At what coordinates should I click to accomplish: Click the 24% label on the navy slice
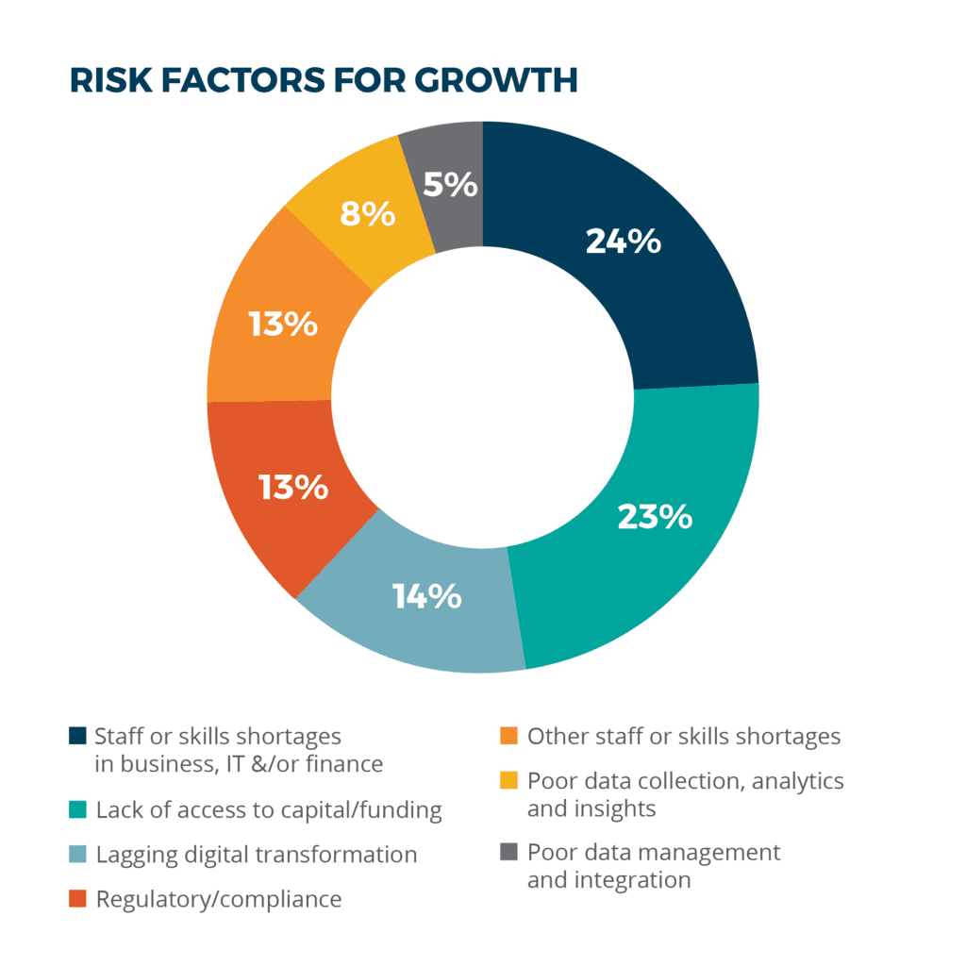pos(623,242)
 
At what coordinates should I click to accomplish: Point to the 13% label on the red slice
pos(293,488)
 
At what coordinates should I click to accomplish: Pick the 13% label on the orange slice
pos(283,325)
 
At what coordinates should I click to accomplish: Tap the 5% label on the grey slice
pos(450,183)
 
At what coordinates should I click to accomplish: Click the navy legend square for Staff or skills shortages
pos(78,736)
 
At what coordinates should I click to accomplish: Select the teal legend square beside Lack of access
pos(78,809)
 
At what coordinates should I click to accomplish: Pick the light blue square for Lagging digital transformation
pos(78,855)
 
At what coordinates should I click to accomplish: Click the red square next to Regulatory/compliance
pos(78,899)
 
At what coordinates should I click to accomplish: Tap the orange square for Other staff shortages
pos(508,736)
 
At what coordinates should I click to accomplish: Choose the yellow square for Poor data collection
pos(508,781)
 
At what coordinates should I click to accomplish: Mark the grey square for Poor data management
pos(508,853)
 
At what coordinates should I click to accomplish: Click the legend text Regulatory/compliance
pos(219,899)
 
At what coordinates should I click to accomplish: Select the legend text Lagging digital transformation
pos(257,855)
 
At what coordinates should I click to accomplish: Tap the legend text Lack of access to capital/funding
pos(269,809)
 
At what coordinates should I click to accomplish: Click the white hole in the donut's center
pos(482,398)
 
